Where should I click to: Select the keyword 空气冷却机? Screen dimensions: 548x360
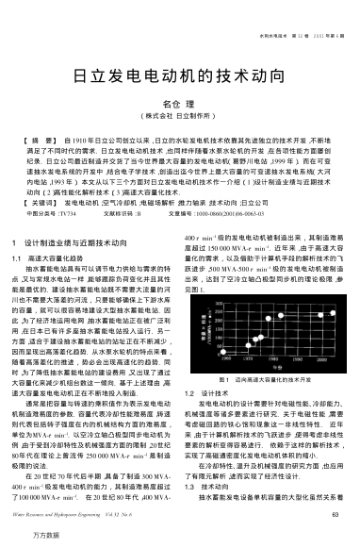pyautogui.click(x=124, y=203)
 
